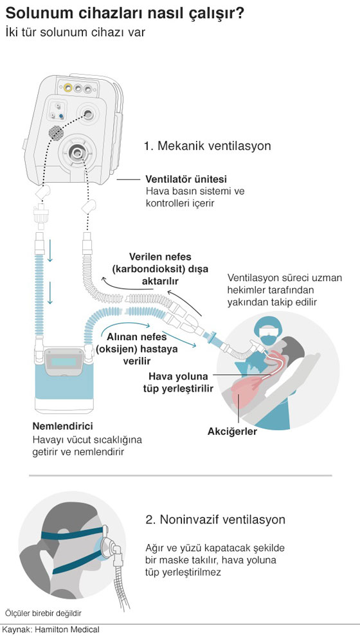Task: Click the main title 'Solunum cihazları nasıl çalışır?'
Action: click(125, 14)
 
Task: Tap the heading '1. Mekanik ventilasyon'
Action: click(208, 146)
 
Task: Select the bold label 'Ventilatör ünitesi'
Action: click(186, 179)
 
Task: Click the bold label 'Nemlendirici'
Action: click(62, 426)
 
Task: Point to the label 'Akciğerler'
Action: click(232, 431)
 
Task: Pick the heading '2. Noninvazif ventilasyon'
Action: click(215, 520)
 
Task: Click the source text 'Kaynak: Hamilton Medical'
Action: click(50, 630)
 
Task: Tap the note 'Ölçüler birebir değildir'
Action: click(40, 613)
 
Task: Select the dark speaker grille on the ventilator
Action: click(57, 132)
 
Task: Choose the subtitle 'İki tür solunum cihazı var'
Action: click(75, 32)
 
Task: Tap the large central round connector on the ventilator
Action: click(76, 152)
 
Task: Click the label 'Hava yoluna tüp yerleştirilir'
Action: click(178, 383)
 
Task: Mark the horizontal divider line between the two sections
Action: click(180, 475)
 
